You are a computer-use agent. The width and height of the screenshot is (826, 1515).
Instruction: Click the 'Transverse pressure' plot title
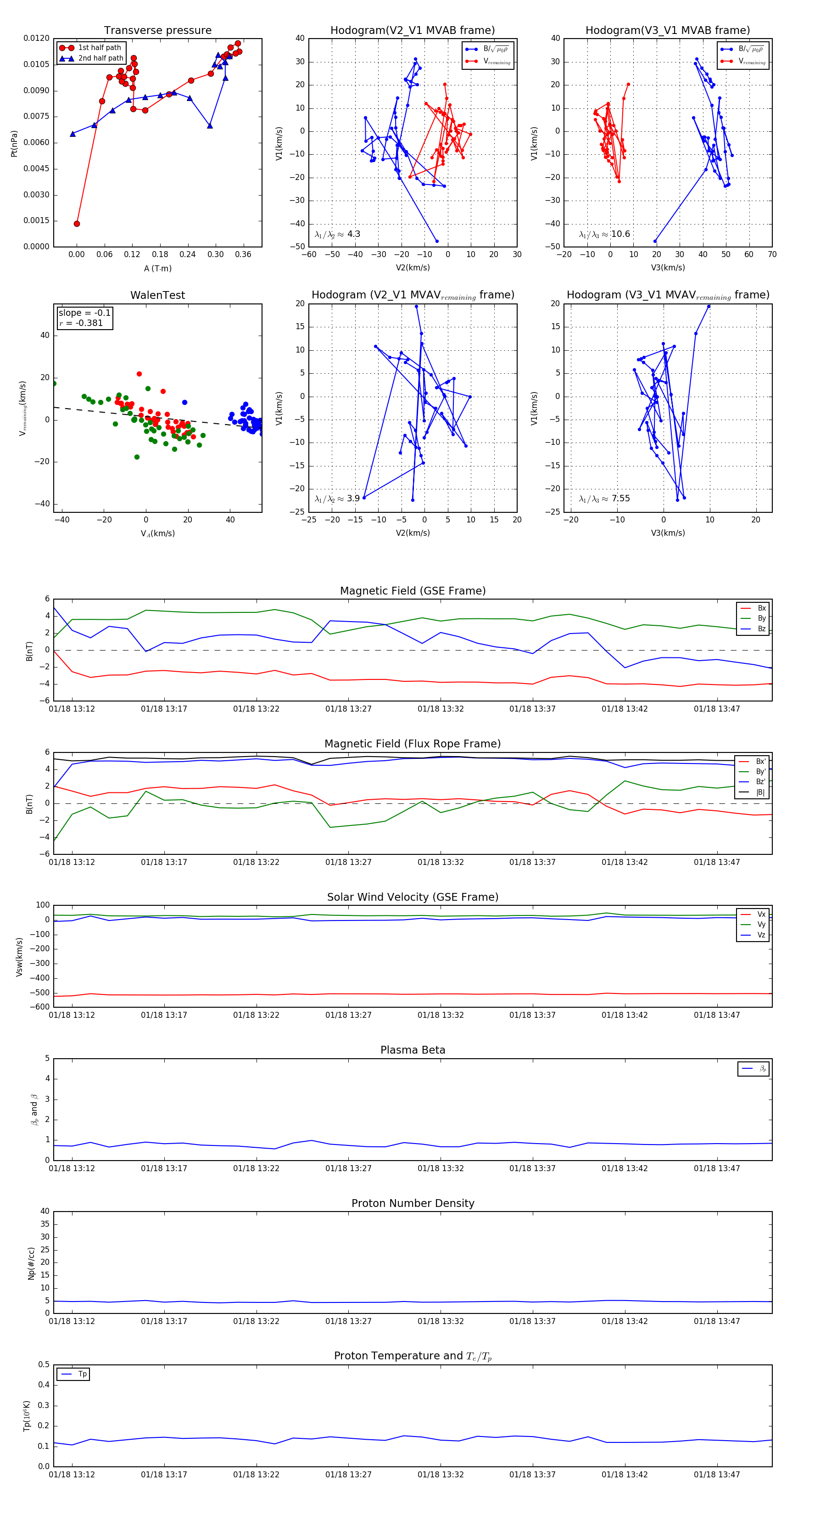tap(157, 31)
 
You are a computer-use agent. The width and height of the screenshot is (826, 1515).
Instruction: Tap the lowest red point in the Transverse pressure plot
tap(77, 224)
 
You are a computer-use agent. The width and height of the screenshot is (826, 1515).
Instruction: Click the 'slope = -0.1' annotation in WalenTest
tap(84, 313)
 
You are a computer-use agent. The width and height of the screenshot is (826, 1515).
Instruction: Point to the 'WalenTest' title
tap(157, 295)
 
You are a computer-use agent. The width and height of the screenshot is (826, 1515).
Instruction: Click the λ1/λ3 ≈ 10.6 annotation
tap(604, 234)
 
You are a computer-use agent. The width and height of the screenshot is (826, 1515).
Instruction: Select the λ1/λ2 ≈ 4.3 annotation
tap(337, 234)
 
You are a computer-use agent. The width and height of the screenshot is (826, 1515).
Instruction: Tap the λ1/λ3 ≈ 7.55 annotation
tap(604, 499)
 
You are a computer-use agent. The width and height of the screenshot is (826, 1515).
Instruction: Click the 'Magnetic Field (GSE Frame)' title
tap(413, 591)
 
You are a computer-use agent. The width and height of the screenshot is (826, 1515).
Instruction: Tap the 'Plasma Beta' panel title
tap(413, 1050)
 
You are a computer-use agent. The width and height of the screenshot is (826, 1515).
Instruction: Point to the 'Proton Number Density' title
tap(413, 1203)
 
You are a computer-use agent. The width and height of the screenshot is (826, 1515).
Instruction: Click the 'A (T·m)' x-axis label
tap(157, 269)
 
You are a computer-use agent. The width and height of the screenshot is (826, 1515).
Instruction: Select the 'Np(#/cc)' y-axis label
tap(31, 1263)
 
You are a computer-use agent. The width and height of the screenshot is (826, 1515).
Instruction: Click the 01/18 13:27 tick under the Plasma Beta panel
tap(348, 1168)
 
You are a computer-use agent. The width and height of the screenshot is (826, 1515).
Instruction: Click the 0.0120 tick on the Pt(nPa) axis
tap(36, 38)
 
